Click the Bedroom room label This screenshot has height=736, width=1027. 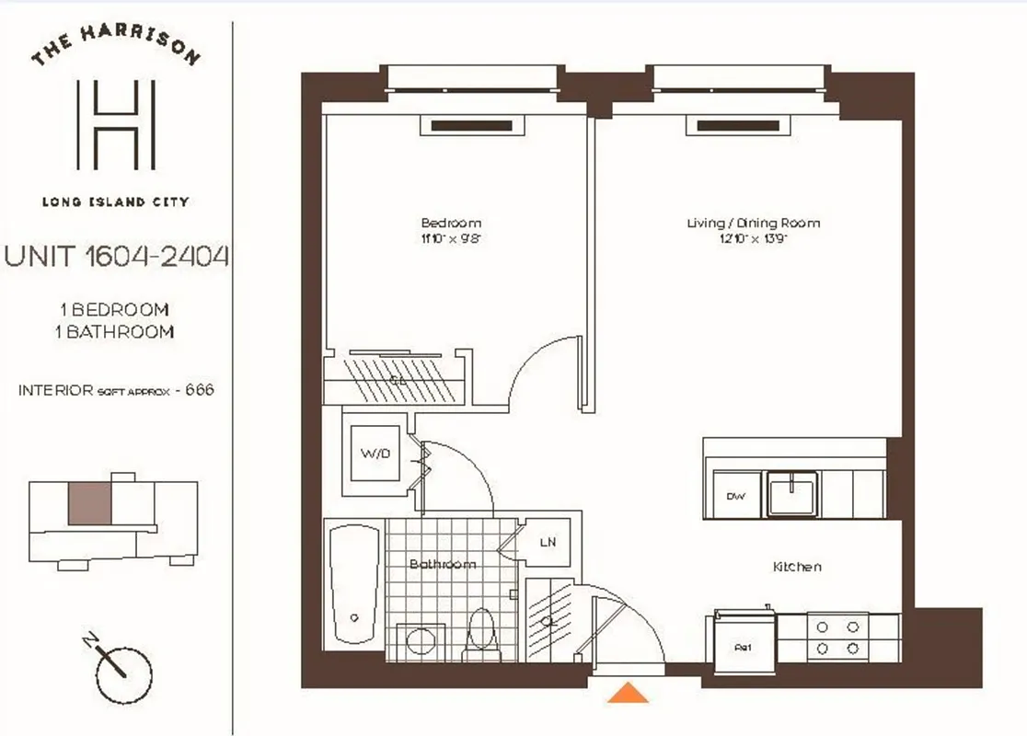[451, 223]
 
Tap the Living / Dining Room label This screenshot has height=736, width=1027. [753, 223]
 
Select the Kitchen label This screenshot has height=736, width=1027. [796, 567]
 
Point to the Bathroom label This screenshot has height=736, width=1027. [443, 564]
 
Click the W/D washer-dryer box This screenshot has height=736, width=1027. [373, 454]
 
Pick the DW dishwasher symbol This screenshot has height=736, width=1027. [734, 497]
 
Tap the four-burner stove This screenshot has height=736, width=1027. [838, 637]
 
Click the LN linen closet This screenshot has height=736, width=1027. [547, 543]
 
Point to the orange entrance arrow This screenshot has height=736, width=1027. [628, 692]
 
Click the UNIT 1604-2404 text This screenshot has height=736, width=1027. [116, 257]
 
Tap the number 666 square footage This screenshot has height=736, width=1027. [200, 389]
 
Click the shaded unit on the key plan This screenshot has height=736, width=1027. [89, 504]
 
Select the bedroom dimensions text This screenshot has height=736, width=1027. [451, 238]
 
